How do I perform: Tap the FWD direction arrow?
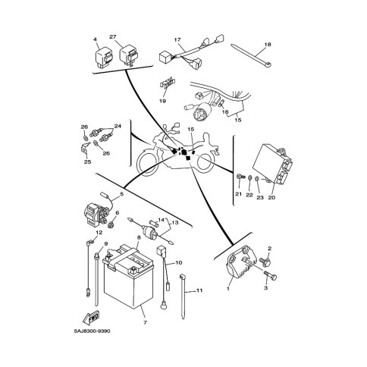pyautogui.click(x=91, y=317)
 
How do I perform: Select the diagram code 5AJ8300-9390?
pyautogui.click(x=93, y=331)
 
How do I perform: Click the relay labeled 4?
pyautogui.click(x=104, y=57)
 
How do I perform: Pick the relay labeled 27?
pyautogui.click(x=128, y=55)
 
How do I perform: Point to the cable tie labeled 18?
pyautogui.click(x=251, y=55)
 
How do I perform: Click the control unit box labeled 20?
pyautogui.click(x=273, y=163)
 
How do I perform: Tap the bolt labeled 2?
pyautogui.click(x=265, y=262)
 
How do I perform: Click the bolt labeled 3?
pyautogui.click(x=271, y=275)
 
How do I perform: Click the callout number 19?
pyautogui.click(x=163, y=101)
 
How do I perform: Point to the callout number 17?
pyautogui.click(x=177, y=40)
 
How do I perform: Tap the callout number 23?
pyautogui.click(x=260, y=198)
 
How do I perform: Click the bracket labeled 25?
pyautogui.click(x=86, y=148)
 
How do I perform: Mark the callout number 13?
pyautogui.click(x=175, y=223)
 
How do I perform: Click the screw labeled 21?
pyautogui.click(x=240, y=177)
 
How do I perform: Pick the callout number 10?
pyautogui.click(x=178, y=263)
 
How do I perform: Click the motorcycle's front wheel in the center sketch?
pyautogui.click(x=146, y=162)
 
